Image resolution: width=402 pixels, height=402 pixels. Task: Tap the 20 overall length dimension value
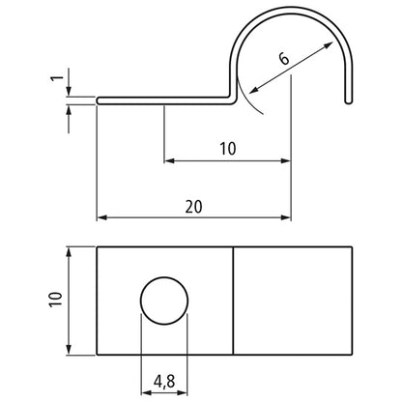click(193, 205)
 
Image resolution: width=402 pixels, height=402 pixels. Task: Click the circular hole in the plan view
click(165, 301)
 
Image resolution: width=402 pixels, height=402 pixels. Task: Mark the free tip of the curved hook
click(346, 99)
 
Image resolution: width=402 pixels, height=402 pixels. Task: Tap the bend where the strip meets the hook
click(233, 96)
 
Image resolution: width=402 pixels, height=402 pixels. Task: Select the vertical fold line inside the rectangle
click(234, 301)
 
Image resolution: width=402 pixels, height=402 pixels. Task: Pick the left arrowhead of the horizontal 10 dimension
click(169, 159)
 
